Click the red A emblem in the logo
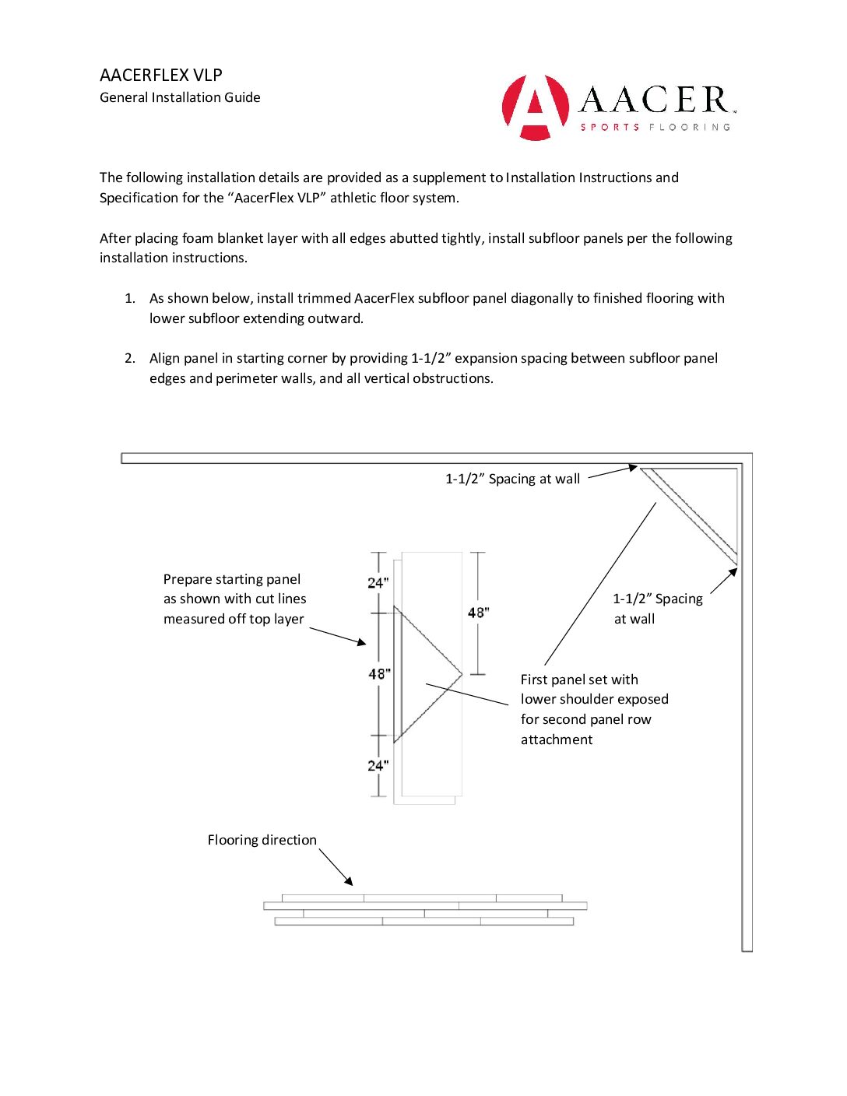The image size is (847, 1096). pyautogui.click(x=535, y=107)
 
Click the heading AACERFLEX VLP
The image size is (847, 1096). pyautogui.click(x=161, y=76)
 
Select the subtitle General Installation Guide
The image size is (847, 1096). pyautogui.click(x=180, y=97)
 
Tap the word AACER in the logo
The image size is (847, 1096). pyautogui.click(x=654, y=100)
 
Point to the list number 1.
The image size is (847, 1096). pyautogui.click(x=130, y=298)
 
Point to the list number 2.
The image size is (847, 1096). pyautogui.click(x=130, y=358)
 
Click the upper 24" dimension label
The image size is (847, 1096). pyautogui.click(x=378, y=582)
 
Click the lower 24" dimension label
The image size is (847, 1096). pyautogui.click(x=378, y=765)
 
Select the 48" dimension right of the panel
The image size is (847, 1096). pyautogui.click(x=478, y=613)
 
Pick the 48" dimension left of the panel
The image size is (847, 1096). pyautogui.click(x=379, y=673)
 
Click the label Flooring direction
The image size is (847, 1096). pyautogui.click(x=262, y=840)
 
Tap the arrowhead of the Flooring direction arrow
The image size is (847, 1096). pyautogui.click(x=350, y=883)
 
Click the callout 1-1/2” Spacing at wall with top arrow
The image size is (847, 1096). pyautogui.click(x=512, y=479)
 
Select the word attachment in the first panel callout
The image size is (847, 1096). pyautogui.click(x=557, y=739)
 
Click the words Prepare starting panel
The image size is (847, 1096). pyautogui.click(x=232, y=579)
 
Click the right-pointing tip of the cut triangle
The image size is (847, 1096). pyautogui.click(x=461, y=674)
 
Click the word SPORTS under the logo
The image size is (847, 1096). pyautogui.click(x=610, y=127)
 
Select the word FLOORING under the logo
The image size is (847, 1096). pyautogui.click(x=690, y=127)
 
